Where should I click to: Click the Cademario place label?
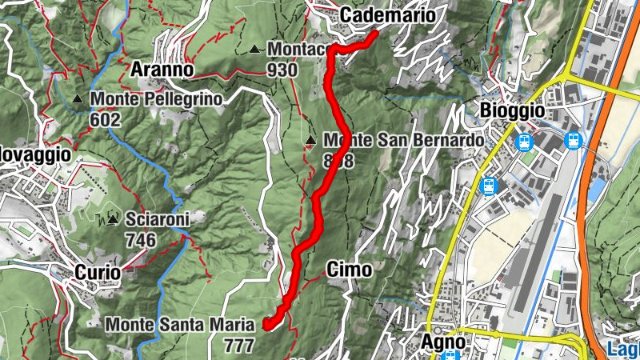388,15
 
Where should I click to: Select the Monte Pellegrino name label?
155,99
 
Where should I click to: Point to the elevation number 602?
105,120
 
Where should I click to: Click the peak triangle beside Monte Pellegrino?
78,99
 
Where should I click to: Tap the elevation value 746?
140,239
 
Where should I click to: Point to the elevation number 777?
238,346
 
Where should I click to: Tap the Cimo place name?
349,270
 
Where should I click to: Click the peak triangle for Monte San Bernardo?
310,142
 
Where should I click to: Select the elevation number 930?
282,70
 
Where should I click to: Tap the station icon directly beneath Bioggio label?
525,142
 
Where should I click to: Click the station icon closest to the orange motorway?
574,140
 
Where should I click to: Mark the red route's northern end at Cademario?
374,34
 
